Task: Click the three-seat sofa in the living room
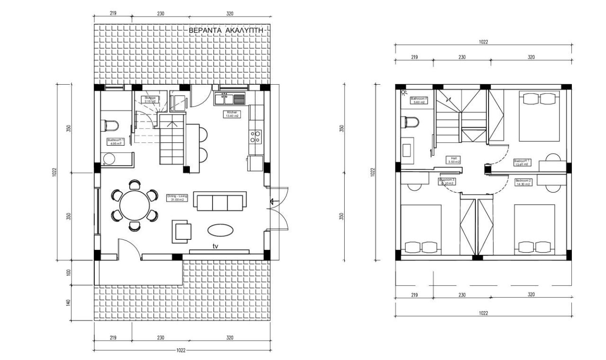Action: coord(220,202)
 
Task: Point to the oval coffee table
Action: coord(220,230)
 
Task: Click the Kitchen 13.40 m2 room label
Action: coord(232,114)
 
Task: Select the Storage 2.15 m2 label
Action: coord(150,99)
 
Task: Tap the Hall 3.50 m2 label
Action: coord(453,160)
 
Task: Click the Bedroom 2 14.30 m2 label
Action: coord(523,182)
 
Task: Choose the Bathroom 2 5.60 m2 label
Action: coord(419,100)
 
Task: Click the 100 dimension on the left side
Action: coord(69,272)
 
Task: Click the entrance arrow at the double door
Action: coord(272,202)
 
